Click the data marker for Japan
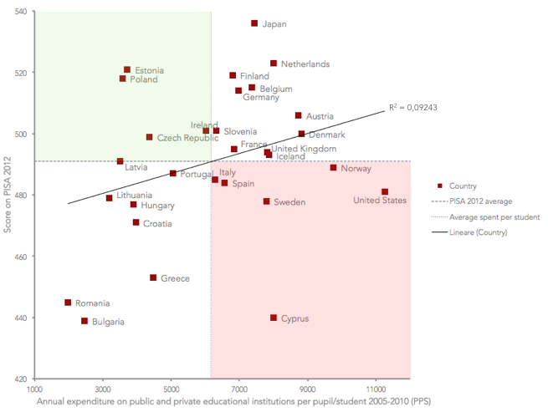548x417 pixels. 254,23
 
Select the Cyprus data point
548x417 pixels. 274,318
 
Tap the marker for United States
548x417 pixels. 385,191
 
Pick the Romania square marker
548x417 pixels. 68,303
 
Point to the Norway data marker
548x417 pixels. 333,168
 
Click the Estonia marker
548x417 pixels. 127,70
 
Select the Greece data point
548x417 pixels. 153,277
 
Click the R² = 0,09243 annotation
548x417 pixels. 413,107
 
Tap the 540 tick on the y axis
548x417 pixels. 20,12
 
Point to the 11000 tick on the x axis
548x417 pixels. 376,389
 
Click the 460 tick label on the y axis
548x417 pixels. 20,257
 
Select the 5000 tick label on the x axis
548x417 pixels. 172,389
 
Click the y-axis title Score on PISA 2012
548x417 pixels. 8,196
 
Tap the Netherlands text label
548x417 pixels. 305,64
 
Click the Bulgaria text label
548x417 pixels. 109,322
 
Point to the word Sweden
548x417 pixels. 289,202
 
